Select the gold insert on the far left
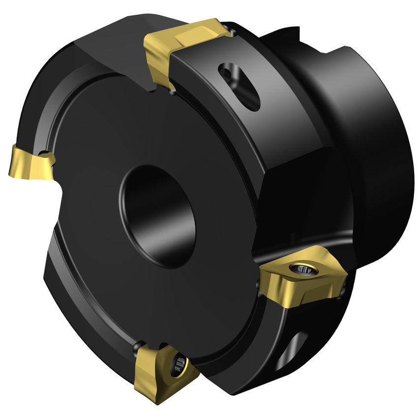click(30, 163)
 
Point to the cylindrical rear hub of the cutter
click(364, 148)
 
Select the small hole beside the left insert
click(45, 153)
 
